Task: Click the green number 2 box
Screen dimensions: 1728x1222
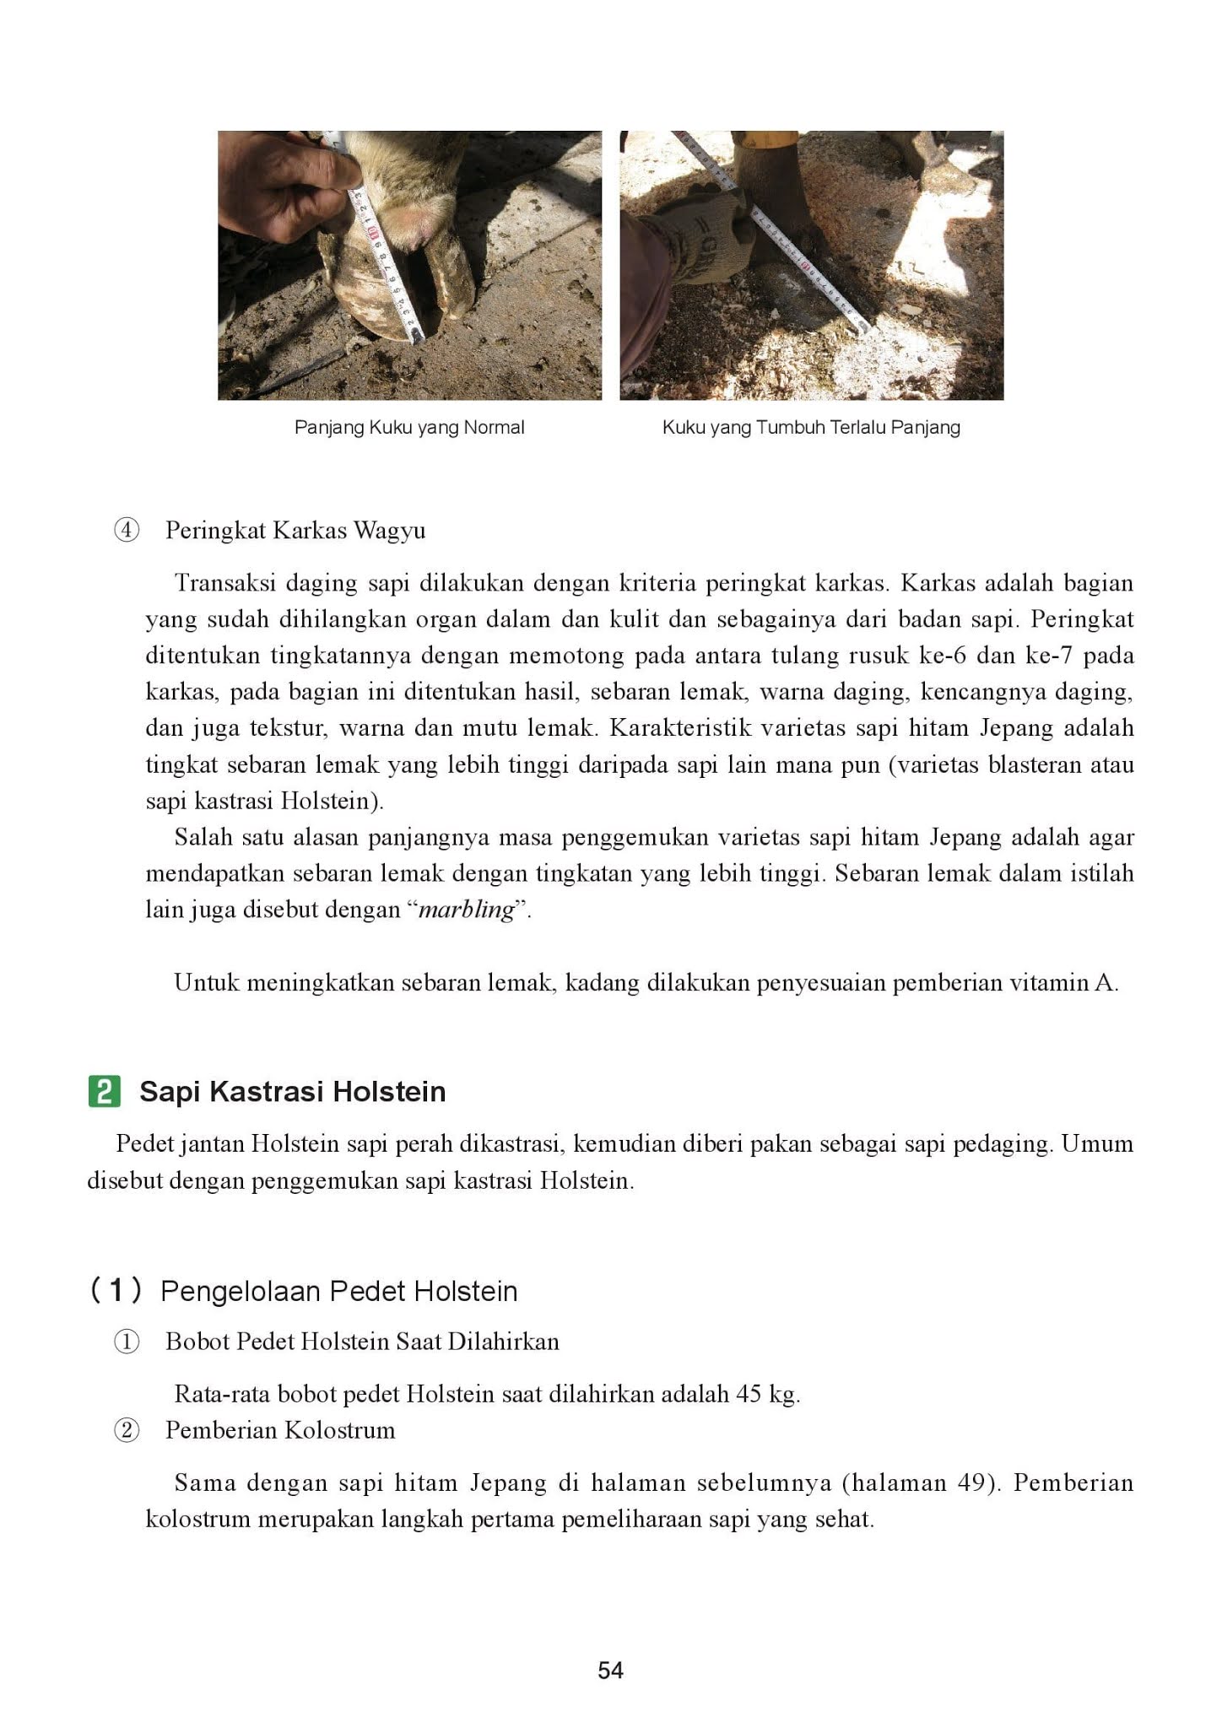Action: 104,1091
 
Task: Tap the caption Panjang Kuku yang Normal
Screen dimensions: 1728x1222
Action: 409,428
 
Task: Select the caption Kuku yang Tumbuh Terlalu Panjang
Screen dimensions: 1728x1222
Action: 811,428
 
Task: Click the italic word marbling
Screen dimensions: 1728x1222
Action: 467,910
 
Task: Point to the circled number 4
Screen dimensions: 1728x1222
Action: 126,532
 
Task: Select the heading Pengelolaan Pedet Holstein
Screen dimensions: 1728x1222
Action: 338,1291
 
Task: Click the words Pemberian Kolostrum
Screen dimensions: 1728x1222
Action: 280,1430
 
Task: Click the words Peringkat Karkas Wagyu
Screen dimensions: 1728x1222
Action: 295,531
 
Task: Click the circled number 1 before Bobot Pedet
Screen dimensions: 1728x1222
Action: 126,1342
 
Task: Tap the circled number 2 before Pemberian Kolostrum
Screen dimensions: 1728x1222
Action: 126,1431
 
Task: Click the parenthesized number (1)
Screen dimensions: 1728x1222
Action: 115,1290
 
